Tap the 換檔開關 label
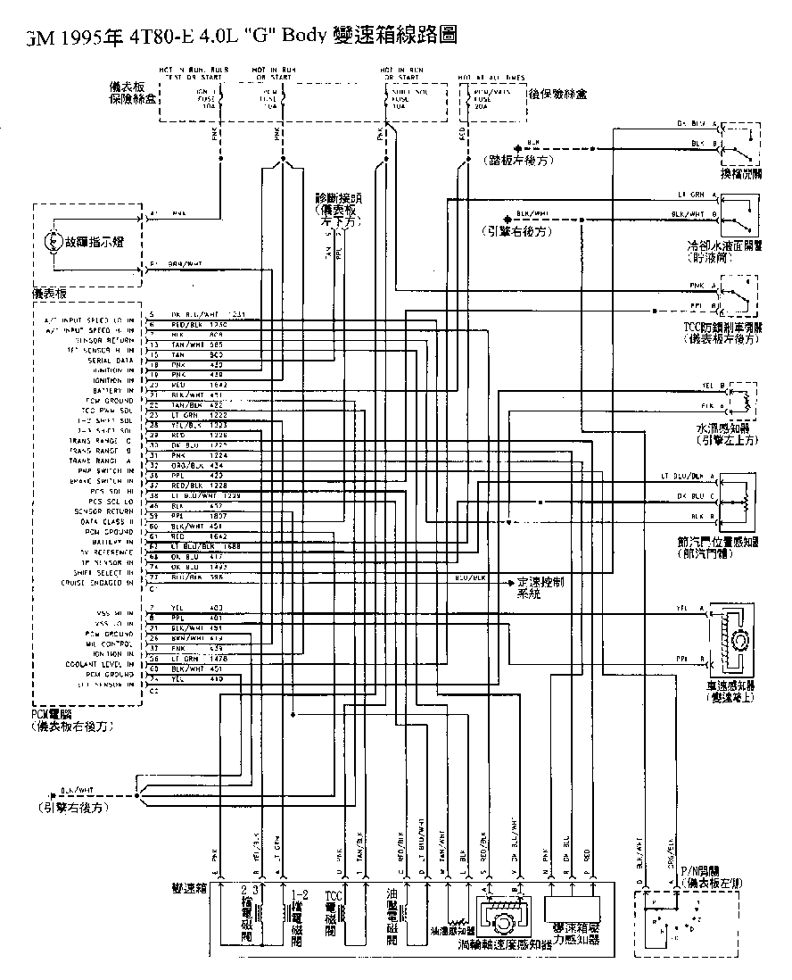pos(741,173)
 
